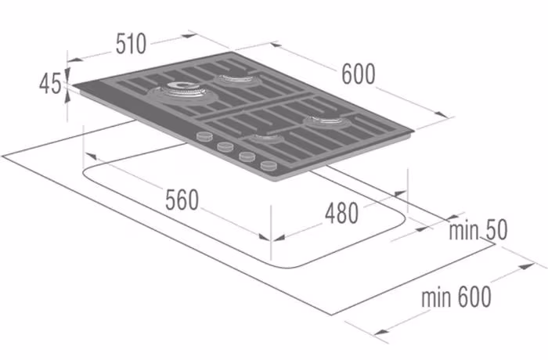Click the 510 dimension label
[131, 44]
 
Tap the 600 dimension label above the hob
[359, 74]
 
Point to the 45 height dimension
[49, 84]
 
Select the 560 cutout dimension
[182, 200]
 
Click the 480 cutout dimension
[341, 213]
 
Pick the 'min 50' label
[478, 230]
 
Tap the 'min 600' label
[456, 297]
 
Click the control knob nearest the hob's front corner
[269, 165]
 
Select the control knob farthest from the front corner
[204, 136]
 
